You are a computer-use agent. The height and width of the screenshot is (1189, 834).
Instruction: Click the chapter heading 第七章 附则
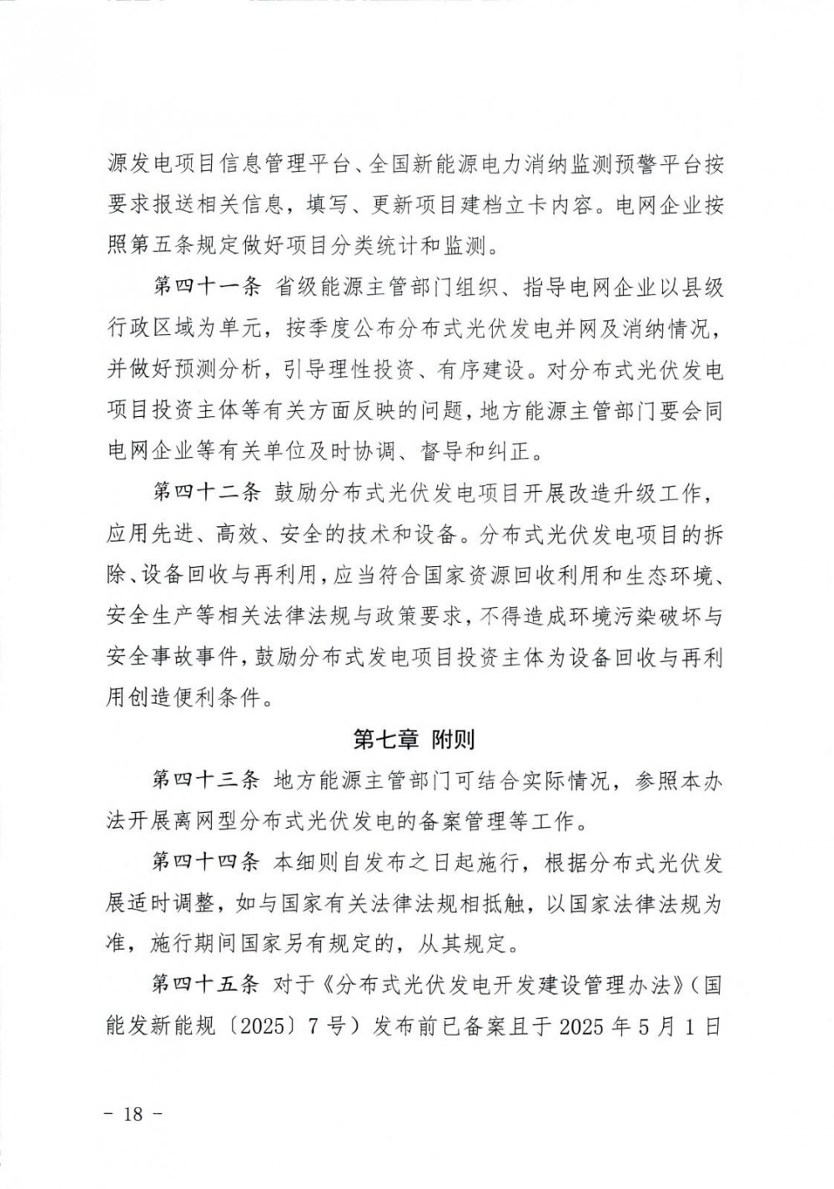(x=414, y=738)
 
